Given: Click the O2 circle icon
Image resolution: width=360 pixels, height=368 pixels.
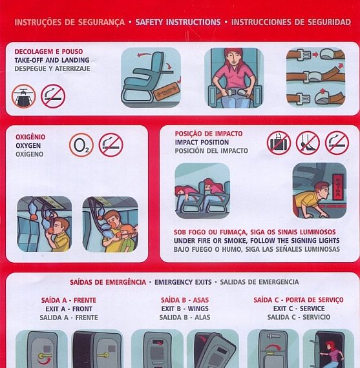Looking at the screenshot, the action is (x=81, y=145).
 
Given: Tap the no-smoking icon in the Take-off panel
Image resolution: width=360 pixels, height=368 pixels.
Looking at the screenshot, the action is (x=53, y=96).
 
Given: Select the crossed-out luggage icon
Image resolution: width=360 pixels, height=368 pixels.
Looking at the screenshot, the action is (x=279, y=143).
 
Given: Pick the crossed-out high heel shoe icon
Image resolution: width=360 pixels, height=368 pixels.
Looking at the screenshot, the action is (x=308, y=143).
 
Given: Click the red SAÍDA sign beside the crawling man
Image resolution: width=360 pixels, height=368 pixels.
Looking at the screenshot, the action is (x=338, y=187).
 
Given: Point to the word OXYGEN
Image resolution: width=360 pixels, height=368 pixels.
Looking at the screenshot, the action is (x=28, y=146).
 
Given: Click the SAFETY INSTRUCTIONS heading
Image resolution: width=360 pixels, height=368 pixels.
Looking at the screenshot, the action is (x=178, y=22).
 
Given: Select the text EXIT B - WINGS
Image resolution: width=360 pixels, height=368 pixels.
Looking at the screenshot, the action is (x=185, y=309).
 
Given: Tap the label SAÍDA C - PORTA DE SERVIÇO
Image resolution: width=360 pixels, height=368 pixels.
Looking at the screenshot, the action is (x=299, y=300).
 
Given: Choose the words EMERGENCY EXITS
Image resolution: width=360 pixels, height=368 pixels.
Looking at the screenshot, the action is (x=183, y=282).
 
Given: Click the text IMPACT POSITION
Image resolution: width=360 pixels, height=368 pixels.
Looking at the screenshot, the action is (x=202, y=142).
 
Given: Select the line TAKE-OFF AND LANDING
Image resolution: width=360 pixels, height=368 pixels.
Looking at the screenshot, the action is (x=52, y=60).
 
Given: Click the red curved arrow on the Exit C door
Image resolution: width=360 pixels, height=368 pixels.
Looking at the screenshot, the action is (x=273, y=347).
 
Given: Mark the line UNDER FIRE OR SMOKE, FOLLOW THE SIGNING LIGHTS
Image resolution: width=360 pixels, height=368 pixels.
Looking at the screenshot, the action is (x=257, y=241).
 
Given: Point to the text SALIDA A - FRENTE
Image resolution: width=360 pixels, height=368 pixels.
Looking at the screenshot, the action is (x=69, y=318).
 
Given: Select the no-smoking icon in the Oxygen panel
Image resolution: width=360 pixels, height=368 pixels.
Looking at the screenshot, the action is (x=111, y=145).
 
